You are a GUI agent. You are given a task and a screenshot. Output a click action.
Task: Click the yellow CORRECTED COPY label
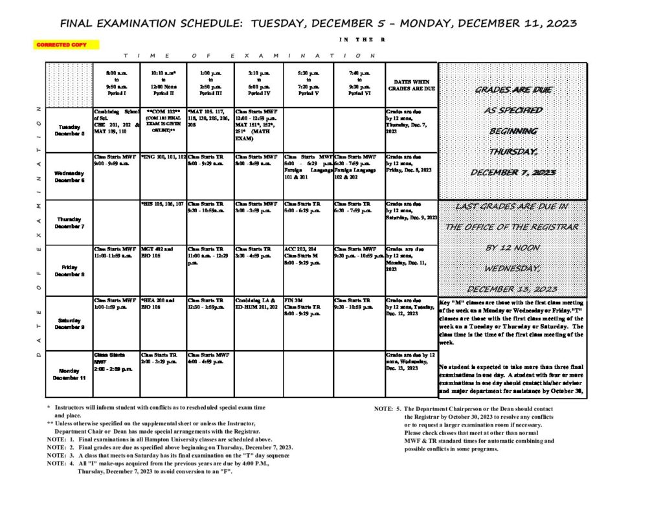67,45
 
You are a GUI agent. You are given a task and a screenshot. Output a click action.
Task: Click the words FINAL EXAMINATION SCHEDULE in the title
152,24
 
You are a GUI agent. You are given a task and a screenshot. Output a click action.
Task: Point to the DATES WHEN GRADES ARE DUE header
411,85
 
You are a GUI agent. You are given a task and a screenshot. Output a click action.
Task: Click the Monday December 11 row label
69,374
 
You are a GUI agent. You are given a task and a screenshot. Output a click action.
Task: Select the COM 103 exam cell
163,120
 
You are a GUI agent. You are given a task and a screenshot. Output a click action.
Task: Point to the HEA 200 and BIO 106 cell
157,304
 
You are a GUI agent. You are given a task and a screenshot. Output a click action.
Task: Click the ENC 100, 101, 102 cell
163,157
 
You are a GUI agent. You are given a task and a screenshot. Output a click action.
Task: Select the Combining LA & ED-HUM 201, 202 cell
258,304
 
